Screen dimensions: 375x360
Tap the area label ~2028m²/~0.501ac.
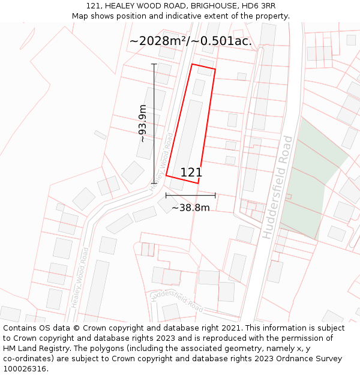pyautogui.click(x=191, y=41)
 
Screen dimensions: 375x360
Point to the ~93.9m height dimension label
pyautogui.click(x=143, y=124)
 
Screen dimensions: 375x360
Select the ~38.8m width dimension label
pyautogui.click(x=191, y=208)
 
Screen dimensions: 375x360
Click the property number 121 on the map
pyautogui.click(x=191, y=172)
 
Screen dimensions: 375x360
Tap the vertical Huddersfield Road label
pyautogui.click(x=278, y=187)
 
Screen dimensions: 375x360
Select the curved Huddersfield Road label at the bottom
pyautogui.click(x=178, y=298)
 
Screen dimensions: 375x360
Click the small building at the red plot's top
pyautogui.click(x=199, y=87)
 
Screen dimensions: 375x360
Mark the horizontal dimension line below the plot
pyautogui.click(x=191, y=195)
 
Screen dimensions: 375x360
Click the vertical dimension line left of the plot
pyautogui.click(x=154, y=123)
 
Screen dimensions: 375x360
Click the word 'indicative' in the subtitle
pyautogui.click(x=175, y=16)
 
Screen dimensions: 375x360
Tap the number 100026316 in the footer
pyautogui.click(x=25, y=369)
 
